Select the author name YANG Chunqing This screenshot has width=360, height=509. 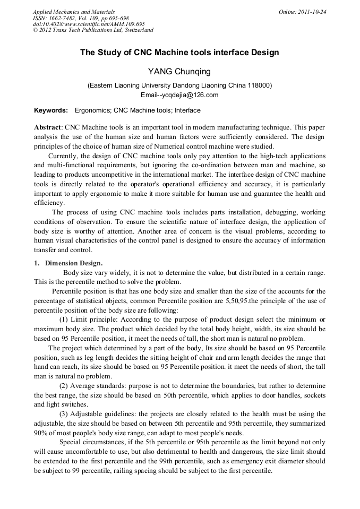(179, 72)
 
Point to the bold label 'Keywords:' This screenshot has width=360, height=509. (51, 110)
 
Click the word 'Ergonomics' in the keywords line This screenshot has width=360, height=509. (92, 110)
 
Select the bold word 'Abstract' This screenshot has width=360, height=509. (48, 128)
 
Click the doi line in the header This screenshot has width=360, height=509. (89, 24)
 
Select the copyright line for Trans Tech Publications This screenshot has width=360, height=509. (93, 30)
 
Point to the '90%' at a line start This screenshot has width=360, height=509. (40, 433)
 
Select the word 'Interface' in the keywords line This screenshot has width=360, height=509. (187, 110)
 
